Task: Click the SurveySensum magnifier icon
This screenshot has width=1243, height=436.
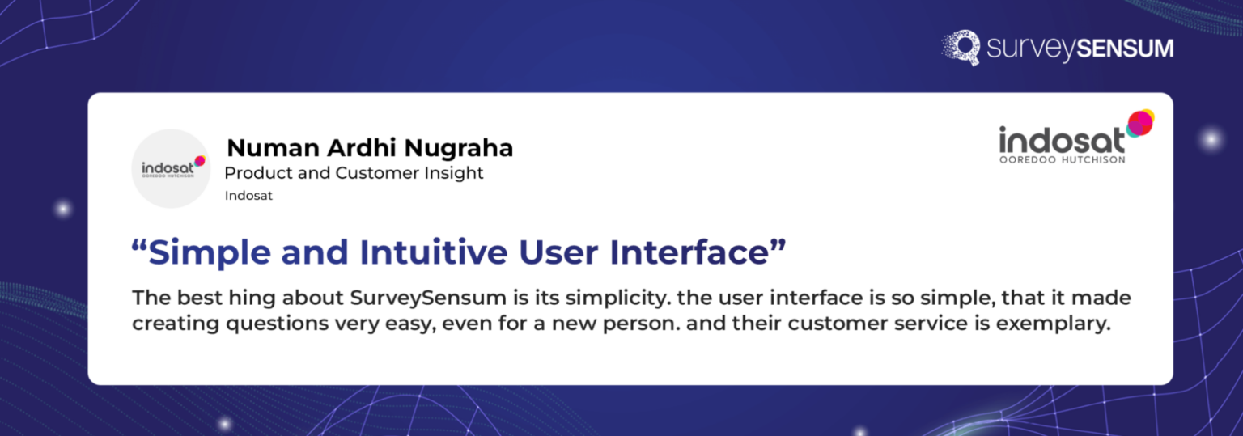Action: coord(961,47)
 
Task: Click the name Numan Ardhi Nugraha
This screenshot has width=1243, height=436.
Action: coord(370,148)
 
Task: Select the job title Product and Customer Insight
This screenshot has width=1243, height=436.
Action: coord(354,173)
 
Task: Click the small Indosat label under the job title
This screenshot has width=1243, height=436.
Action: coord(248,196)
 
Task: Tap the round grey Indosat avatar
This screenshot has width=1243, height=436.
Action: coord(171,168)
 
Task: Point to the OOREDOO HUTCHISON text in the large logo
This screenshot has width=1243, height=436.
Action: coord(1062,159)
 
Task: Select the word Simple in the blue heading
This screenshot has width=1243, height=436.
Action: coord(210,252)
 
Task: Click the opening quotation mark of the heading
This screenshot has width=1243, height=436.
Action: coord(139,247)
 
